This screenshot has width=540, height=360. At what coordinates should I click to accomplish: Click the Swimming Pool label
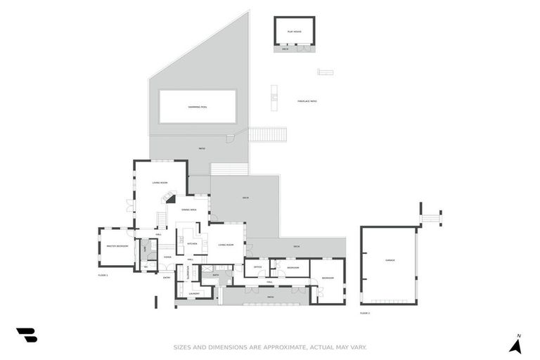point(197,107)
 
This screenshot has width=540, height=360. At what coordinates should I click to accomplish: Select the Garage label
point(390,260)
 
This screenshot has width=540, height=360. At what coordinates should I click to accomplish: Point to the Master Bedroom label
point(117,247)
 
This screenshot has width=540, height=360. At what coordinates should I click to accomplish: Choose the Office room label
point(257,267)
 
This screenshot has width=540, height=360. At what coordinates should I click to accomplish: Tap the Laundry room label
point(195,293)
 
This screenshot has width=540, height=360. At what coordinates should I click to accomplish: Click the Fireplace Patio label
point(307,101)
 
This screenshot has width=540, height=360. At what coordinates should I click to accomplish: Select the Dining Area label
point(188,210)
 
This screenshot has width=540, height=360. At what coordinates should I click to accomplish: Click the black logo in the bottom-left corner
point(26,335)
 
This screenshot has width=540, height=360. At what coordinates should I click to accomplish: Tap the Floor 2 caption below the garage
point(364,312)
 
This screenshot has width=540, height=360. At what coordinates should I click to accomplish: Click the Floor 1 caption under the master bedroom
point(102,275)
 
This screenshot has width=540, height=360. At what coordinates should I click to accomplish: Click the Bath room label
point(216,275)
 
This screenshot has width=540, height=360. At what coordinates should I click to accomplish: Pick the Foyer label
point(167,257)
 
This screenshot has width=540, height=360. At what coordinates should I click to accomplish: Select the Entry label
point(167,278)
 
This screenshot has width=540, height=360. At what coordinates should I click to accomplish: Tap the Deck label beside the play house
point(285,49)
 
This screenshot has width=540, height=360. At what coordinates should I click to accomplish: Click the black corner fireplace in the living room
point(171,200)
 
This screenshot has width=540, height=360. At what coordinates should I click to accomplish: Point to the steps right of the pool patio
point(267,134)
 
